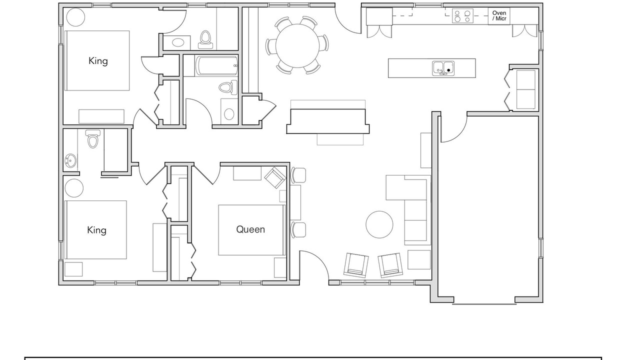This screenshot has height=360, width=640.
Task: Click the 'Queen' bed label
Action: (x=250, y=229)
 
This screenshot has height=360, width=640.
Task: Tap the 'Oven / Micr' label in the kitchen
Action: (x=499, y=15)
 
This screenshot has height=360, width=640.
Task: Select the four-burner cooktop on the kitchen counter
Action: (x=462, y=16)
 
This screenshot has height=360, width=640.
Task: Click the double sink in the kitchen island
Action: (x=443, y=68)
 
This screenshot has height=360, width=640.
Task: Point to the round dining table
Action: (x=297, y=45)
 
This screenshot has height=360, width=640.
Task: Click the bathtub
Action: (x=216, y=65)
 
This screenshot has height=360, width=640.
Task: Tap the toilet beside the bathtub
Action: (x=228, y=87)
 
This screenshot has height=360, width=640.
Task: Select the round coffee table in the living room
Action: (x=379, y=224)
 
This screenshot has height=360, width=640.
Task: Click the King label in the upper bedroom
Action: (x=98, y=61)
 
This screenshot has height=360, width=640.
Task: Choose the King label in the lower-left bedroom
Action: (x=96, y=230)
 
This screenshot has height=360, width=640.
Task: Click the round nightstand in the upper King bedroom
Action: (x=75, y=17)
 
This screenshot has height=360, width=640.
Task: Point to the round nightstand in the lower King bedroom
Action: (x=74, y=188)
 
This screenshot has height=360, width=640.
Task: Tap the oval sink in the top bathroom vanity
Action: (x=178, y=43)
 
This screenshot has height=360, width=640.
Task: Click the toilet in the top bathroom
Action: (x=205, y=39)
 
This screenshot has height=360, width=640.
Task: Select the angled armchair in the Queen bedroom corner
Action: (x=275, y=177)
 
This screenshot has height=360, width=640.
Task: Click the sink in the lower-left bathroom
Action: (x=70, y=161)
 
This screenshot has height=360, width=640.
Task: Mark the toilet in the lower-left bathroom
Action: (x=93, y=139)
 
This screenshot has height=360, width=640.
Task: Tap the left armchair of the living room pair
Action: (x=356, y=265)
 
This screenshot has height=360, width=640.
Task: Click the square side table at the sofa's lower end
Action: (x=419, y=259)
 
